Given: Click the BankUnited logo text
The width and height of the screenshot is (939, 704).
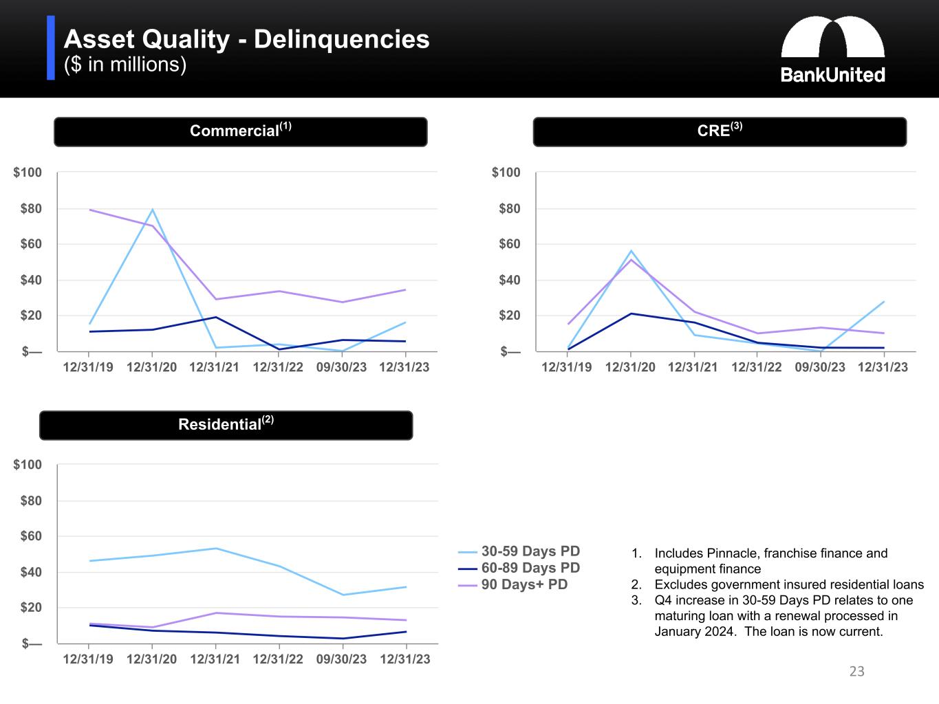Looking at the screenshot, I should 832,75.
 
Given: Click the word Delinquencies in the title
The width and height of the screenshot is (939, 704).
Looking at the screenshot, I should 341,39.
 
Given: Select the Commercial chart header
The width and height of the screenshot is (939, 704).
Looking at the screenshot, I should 240,131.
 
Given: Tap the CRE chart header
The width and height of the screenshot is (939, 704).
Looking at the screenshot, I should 719,131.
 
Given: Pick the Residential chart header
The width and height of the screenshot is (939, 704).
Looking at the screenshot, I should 226,425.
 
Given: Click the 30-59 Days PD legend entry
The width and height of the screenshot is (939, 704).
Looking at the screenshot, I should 530,551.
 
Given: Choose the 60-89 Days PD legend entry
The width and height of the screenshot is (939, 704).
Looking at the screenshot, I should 530,568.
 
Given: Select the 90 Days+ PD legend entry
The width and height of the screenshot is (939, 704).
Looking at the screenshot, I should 524,584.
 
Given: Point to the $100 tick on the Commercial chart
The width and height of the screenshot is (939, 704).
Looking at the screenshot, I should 28,173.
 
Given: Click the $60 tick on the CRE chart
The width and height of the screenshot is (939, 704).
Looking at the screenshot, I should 506,244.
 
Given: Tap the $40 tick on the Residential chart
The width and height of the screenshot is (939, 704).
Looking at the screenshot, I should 28,572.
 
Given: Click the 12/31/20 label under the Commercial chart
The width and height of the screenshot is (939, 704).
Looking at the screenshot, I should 151,367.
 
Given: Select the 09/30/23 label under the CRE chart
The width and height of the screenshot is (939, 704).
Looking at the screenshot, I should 819,367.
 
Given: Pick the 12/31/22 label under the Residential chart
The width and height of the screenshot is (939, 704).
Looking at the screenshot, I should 278,659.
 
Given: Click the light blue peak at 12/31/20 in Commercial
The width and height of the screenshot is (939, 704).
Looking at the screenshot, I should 152,210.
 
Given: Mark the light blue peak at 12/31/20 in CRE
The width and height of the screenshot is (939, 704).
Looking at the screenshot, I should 631,251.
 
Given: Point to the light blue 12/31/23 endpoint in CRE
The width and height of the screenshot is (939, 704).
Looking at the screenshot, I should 883,302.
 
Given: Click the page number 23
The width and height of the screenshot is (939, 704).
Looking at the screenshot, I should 856,672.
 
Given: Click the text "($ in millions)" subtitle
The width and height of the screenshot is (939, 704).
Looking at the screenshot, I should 125,65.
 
